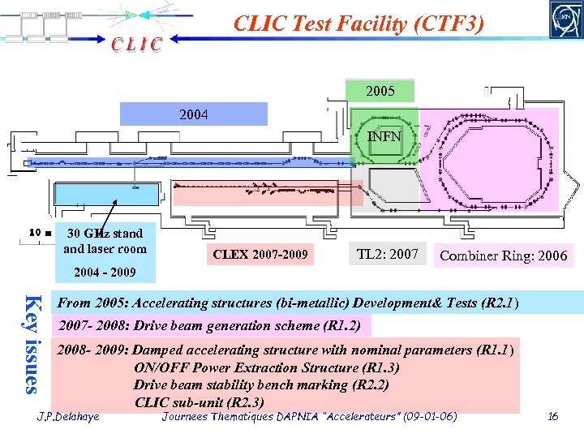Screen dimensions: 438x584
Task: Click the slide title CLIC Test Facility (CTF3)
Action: pos(359,24)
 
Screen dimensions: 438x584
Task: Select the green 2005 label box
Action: pos(380,91)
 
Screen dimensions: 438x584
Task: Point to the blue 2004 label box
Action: pos(193,114)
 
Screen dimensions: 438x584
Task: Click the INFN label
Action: pos(384,136)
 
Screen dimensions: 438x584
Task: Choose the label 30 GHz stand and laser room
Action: pos(105,241)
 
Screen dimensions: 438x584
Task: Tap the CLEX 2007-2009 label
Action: pos(260,255)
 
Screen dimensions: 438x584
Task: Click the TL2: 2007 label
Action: pos(387,255)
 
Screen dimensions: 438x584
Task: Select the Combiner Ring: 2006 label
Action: pos(503,256)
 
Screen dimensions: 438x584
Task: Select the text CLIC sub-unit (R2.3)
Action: pos(199,402)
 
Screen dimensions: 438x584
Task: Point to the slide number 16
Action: pos(553,416)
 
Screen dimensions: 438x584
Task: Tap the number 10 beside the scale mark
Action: pos(33,234)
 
